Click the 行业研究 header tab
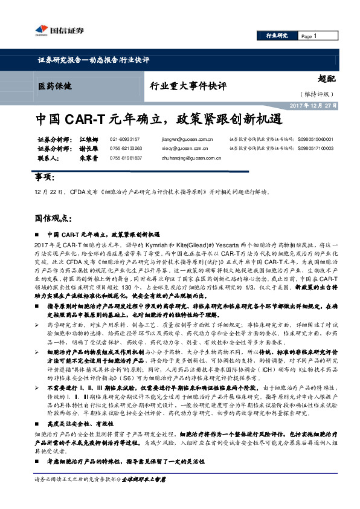point(277,36)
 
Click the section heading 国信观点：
point(54,218)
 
